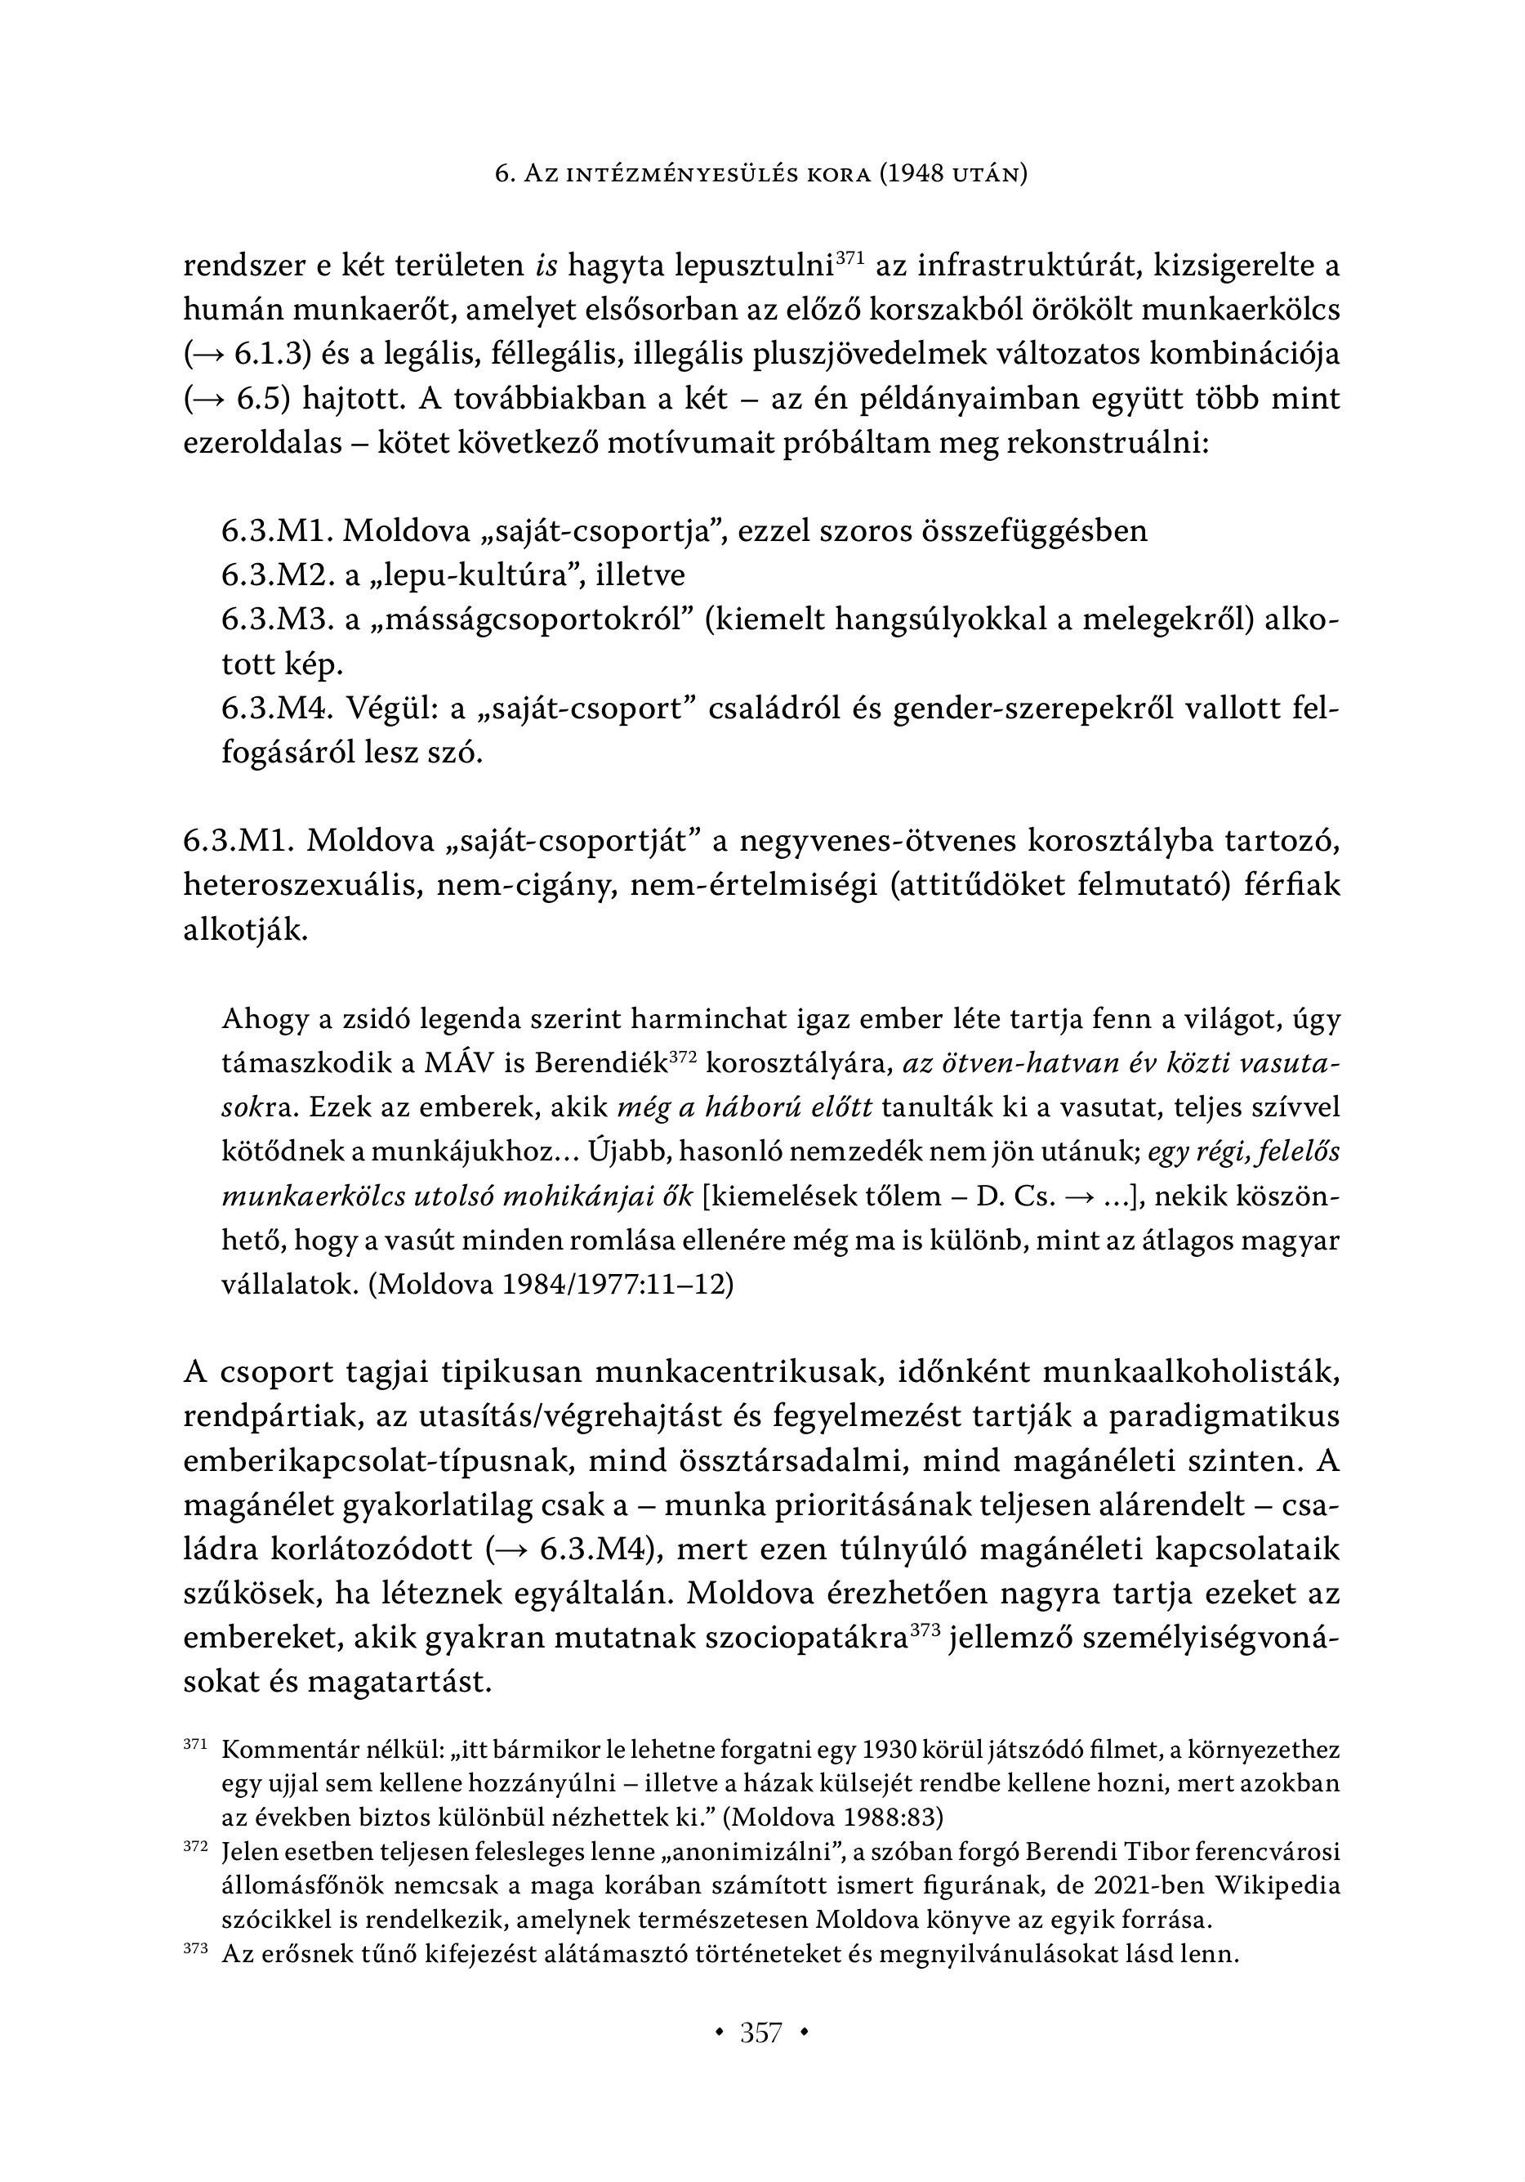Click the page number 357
tap(761, 2032)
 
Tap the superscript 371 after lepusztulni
tap(849, 257)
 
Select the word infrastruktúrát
tap(1031, 266)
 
